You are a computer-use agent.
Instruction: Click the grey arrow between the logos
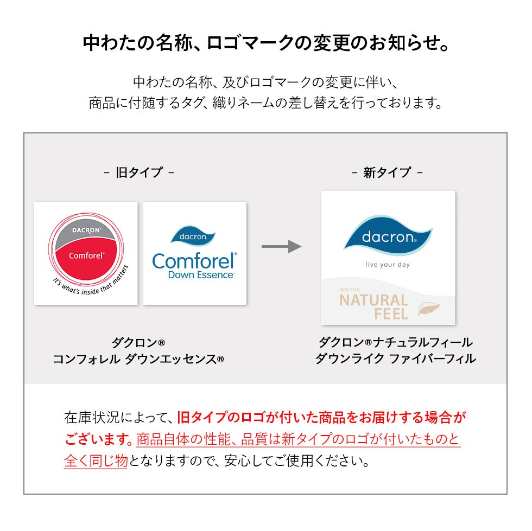pyautogui.click(x=281, y=247)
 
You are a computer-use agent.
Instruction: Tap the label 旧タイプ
pyautogui.click(x=139, y=172)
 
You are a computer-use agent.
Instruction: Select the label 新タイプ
pyautogui.click(x=387, y=172)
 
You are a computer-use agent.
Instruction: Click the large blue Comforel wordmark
pyautogui.click(x=194, y=261)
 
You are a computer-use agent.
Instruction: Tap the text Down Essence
pyautogui.click(x=201, y=275)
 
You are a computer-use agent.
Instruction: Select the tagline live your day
pyautogui.click(x=387, y=265)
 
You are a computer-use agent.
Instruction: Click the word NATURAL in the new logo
pyautogui.click(x=373, y=300)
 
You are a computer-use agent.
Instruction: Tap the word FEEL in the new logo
pyautogui.click(x=391, y=314)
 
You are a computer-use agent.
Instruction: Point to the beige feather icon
pyautogui.click(x=429, y=309)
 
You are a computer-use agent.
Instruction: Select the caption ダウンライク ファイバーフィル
pyautogui.click(x=395, y=359)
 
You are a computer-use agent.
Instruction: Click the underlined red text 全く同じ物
pyautogui.click(x=96, y=461)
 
